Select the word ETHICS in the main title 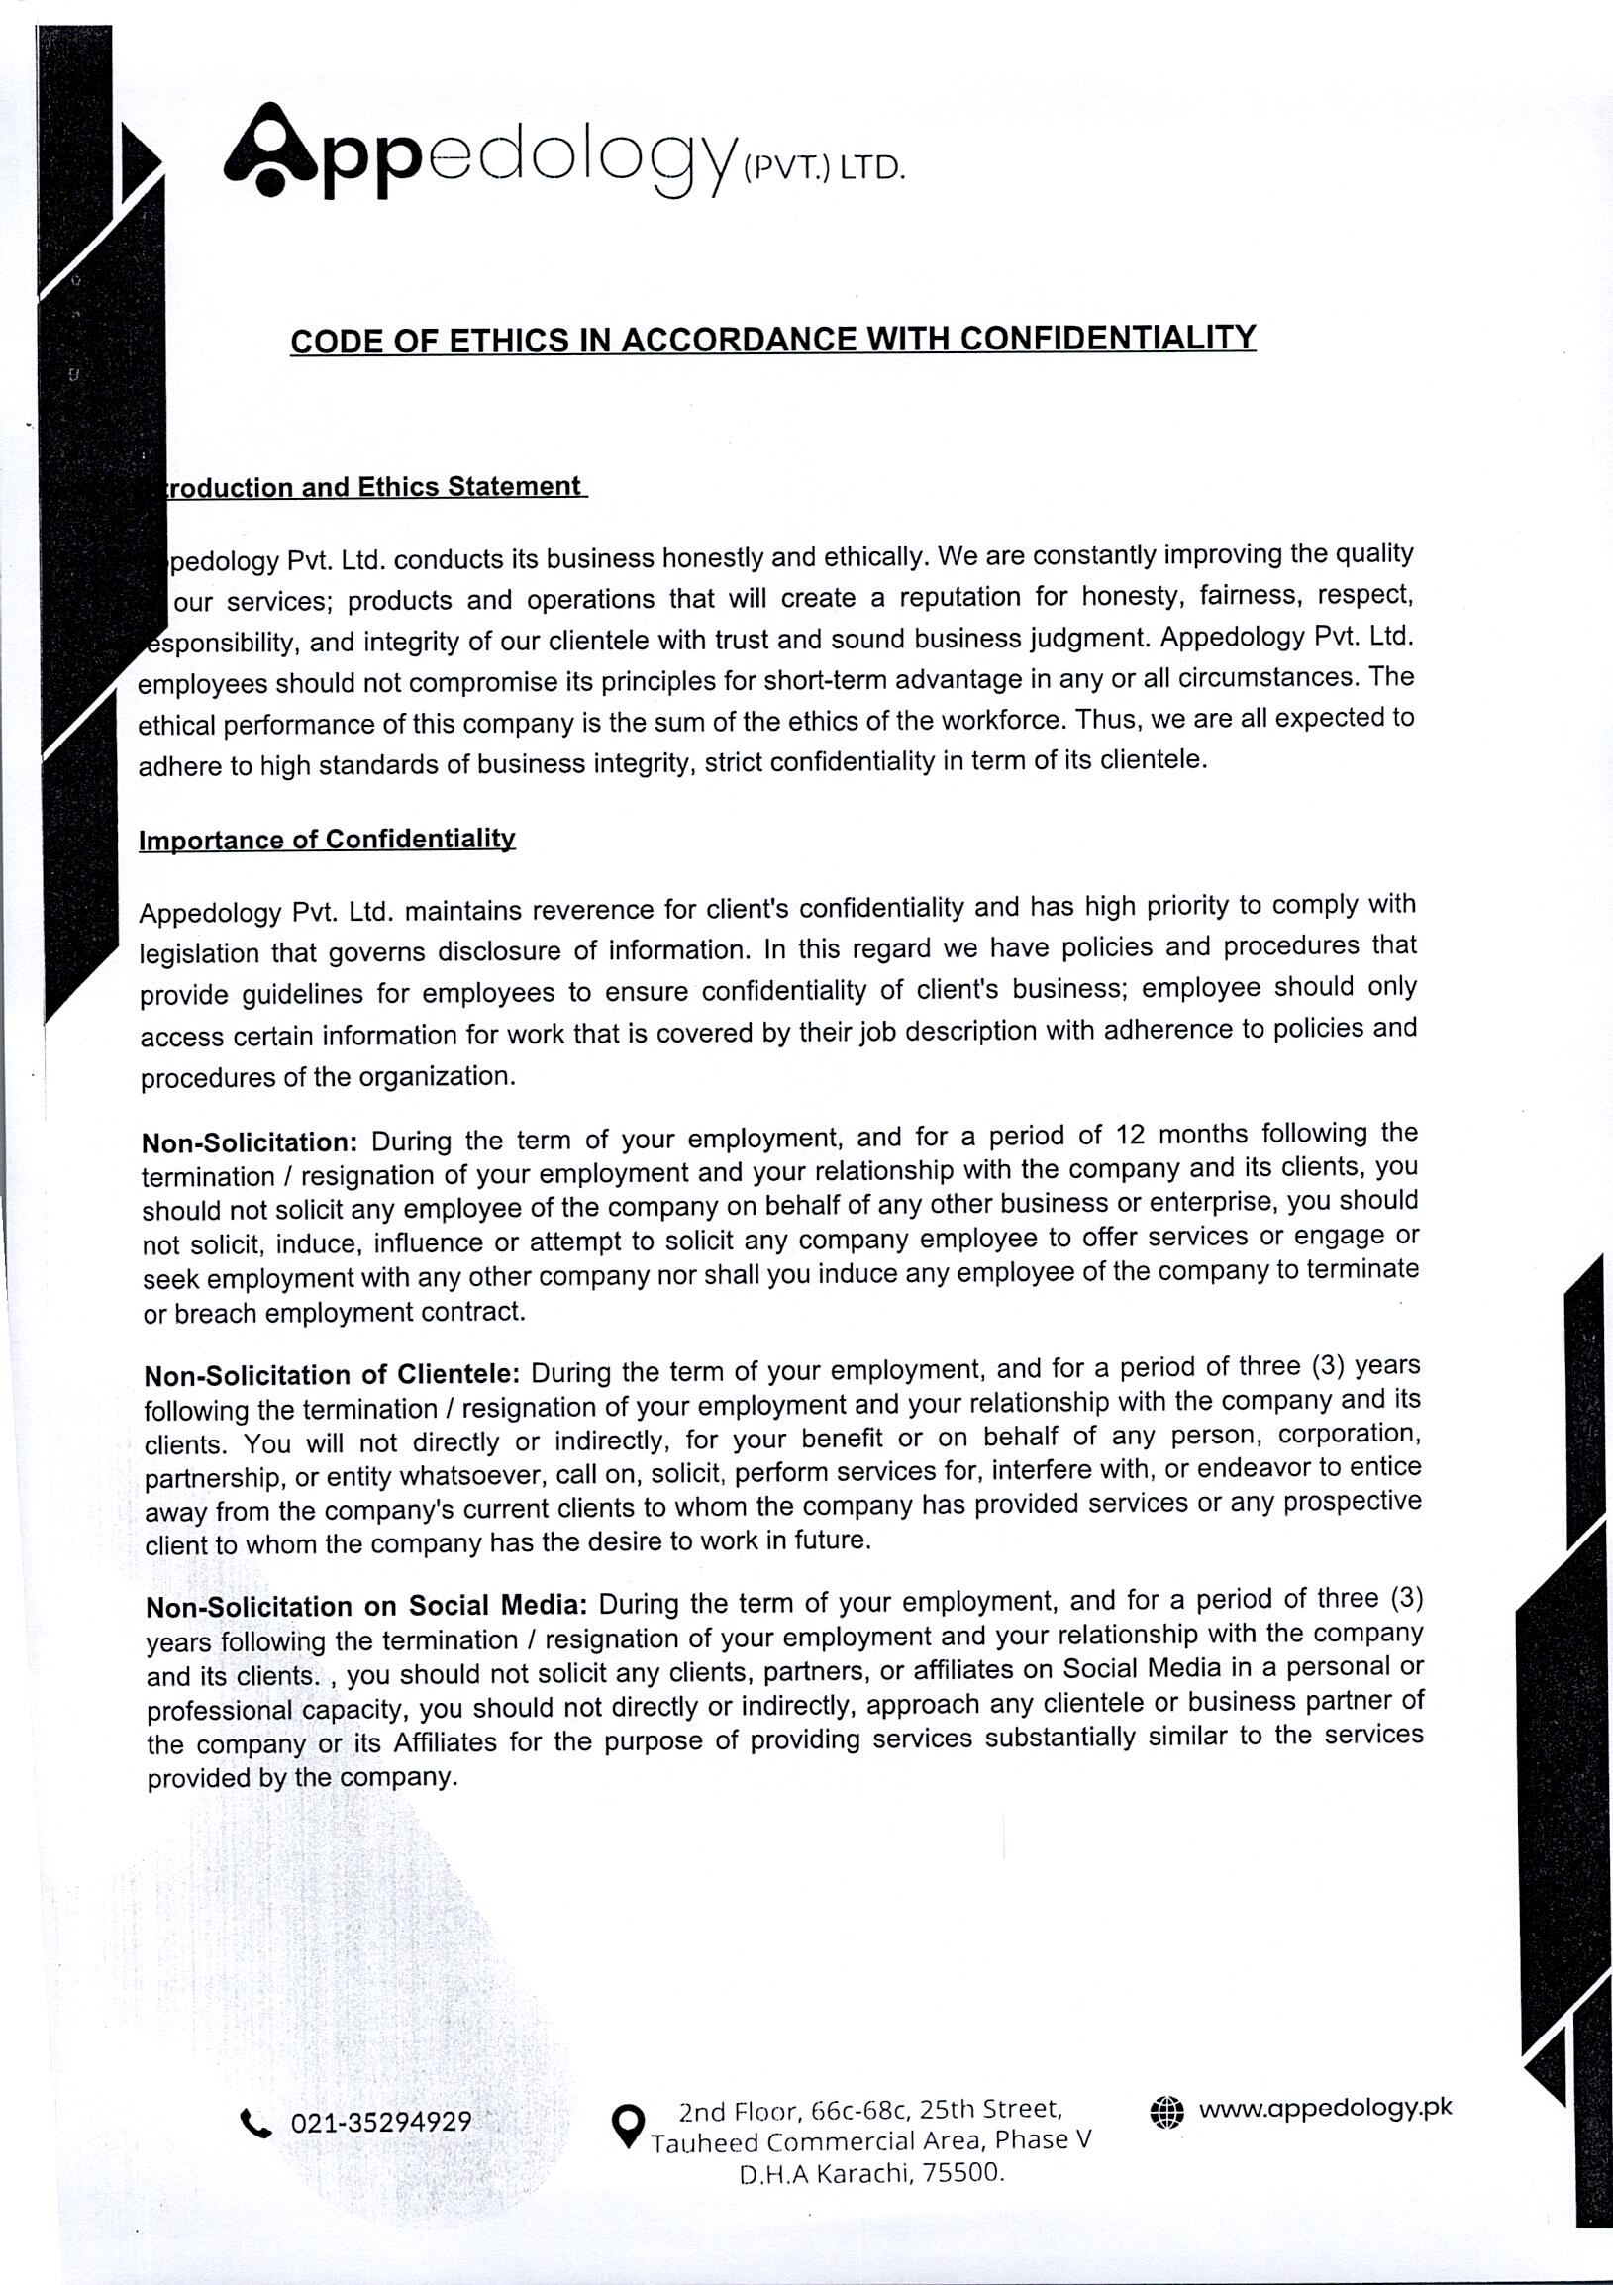tap(508, 342)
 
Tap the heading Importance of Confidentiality tap(328, 840)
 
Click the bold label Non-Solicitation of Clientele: tap(333, 1376)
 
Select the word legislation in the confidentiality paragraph tap(199, 953)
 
